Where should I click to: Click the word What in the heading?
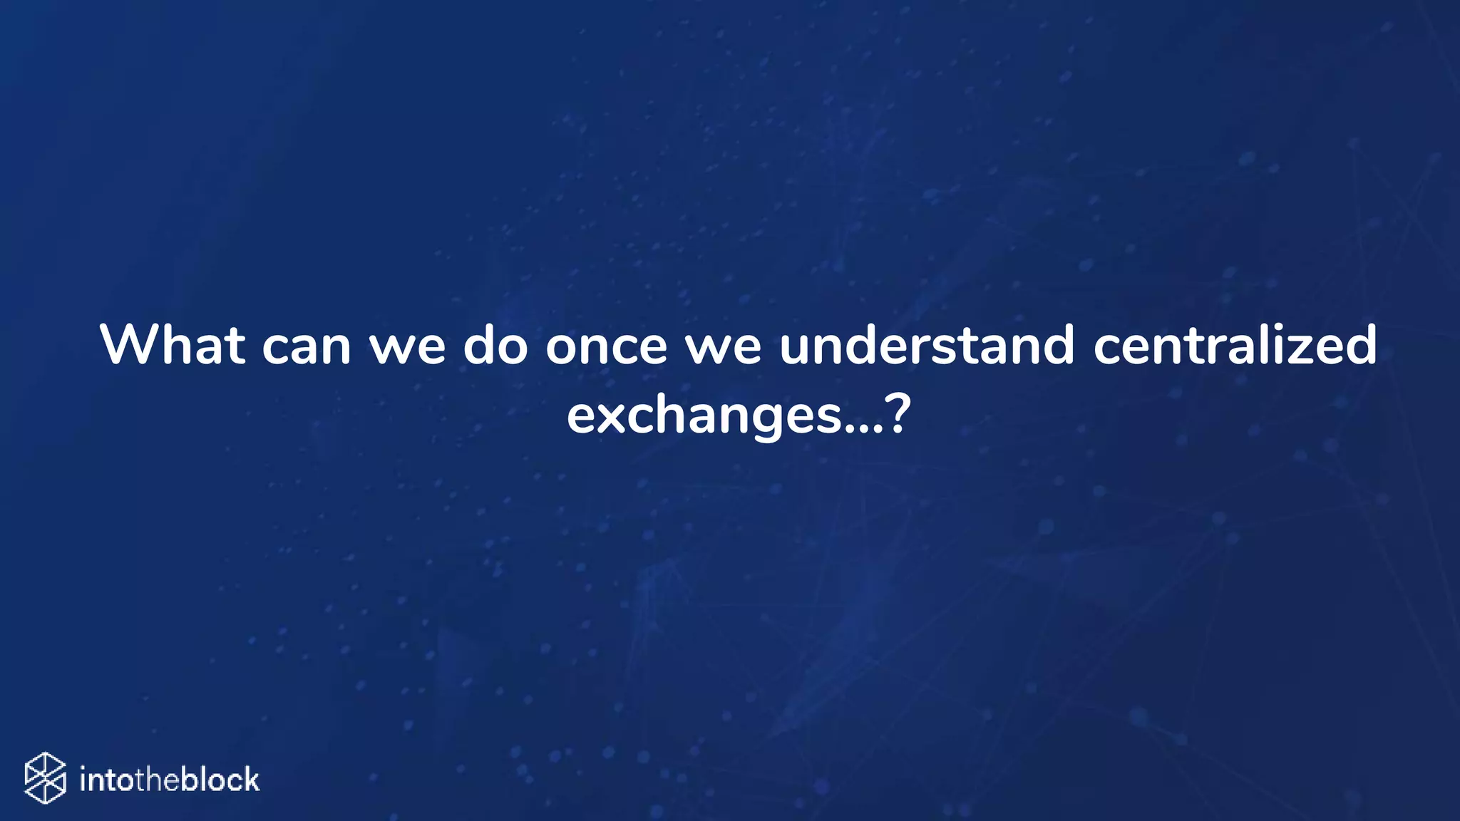(173, 346)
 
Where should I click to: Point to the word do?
(495, 346)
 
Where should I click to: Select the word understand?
(926, 346)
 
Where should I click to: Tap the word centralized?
(1235, 346)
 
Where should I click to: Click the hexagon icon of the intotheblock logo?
(45, 778)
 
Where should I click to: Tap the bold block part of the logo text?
(220, 780)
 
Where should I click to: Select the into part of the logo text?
(108, 780)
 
